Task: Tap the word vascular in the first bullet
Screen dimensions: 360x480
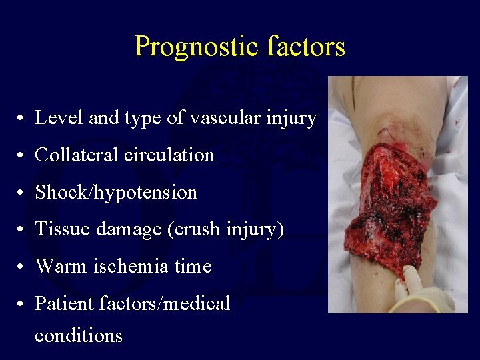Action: pos(228,118)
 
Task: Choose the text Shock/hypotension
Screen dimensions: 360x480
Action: pos(116,193)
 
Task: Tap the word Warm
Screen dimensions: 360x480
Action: pos(58,267)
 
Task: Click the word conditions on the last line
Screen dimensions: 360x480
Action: pos(78,335)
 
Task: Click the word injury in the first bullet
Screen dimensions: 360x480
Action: pos(291,119)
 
